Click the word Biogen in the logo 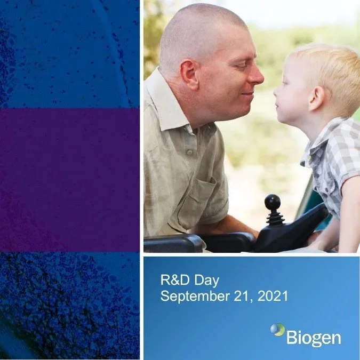point(314,338)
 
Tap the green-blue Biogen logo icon point(277,330)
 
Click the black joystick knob point(273,202)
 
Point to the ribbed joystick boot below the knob point(274,218)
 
